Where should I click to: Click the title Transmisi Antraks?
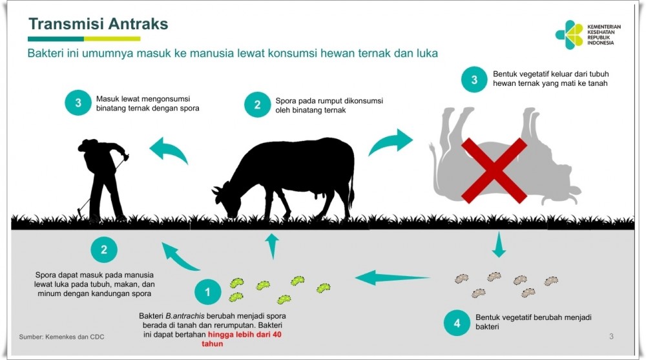[98, 24]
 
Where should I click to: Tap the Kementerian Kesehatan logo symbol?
[569, 35]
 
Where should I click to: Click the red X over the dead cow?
[494, 171]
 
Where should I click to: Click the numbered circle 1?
[207, 292]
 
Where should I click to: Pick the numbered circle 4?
[457, 323]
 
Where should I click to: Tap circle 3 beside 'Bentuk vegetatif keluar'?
[474, 79]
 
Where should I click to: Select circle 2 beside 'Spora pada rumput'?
[257, 104]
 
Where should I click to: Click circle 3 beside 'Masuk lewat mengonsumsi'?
[78, 103]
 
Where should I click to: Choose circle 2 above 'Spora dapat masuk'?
[104, 249]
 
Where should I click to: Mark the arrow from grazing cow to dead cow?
[391, 142]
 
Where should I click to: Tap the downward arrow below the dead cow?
[499, 244]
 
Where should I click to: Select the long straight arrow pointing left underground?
[392, 278]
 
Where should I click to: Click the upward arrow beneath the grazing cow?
[272, 246]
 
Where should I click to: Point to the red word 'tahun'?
[212, 344]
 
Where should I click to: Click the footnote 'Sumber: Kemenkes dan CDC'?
[62, 337]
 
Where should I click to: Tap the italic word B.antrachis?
[185, 316]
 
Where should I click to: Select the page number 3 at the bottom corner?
[611, 337]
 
